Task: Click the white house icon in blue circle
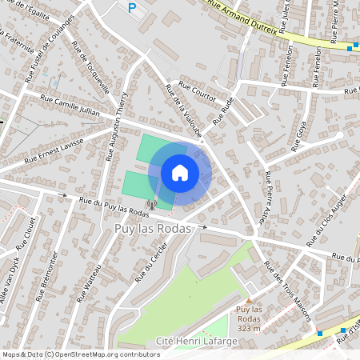(180, 173)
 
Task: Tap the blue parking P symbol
(132, 8)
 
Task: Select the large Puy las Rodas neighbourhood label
(148, 229)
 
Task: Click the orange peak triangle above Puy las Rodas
(249, 300)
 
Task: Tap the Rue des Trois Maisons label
(287, 291)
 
